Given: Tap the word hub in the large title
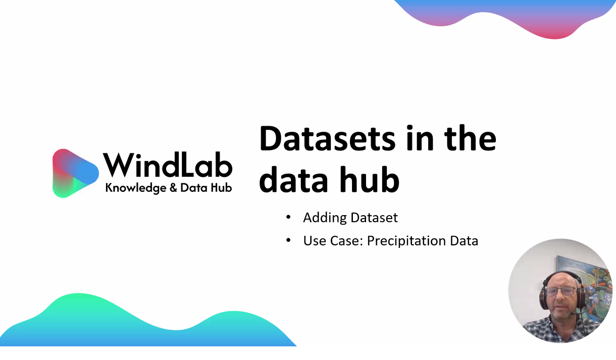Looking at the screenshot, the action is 370,179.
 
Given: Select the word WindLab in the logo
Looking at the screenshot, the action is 168,165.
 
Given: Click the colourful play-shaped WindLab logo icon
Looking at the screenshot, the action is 75,173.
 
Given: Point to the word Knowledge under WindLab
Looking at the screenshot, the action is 136,188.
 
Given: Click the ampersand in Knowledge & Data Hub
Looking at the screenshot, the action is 173,188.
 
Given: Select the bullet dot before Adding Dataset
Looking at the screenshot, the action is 288,217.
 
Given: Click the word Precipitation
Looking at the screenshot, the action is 406,241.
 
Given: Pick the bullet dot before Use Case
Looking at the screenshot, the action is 288,240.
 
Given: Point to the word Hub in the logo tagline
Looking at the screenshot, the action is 221,188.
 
